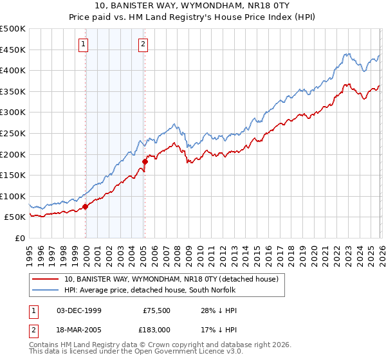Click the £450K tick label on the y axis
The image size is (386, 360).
tap(13, 50)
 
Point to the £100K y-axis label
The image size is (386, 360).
tap(13, 196)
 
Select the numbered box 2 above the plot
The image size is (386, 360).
tap(143, 44)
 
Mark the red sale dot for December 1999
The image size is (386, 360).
tap(86, 206)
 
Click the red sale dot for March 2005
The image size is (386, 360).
tap(145, 161)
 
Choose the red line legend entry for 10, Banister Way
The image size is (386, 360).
tap(170, 279)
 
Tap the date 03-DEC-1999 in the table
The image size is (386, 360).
tap(79, 310)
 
